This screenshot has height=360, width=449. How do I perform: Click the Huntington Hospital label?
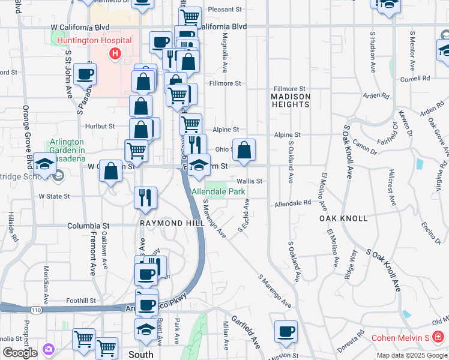point(95,40)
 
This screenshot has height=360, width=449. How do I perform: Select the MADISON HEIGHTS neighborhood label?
point(291,100)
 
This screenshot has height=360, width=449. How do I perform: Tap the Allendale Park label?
point(219,191)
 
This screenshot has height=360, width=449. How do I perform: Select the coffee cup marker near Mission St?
point(286,331)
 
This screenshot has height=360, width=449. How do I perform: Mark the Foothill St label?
point(81,301)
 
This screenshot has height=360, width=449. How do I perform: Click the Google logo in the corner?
point(20,352)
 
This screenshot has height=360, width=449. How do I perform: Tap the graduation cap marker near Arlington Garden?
point(44,164)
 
